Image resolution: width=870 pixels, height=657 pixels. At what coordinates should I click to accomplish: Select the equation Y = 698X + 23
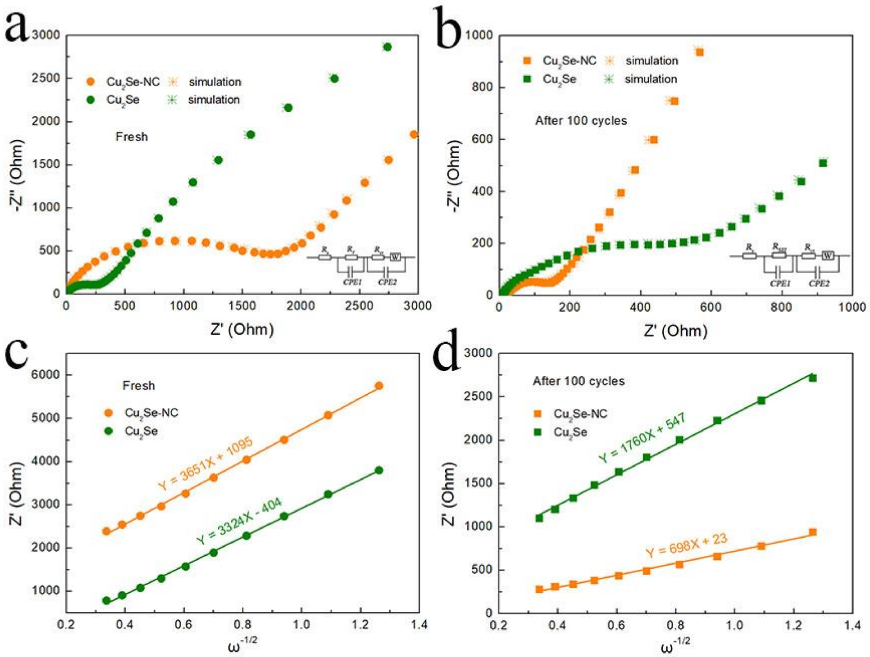pyautogui.click(x=686, y=546)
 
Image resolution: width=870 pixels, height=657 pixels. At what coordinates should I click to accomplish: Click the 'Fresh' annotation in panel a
pyautogui.click(x=131, y=137)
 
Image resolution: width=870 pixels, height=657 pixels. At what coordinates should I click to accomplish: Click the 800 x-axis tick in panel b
pyautogui.click(x=781, y=307)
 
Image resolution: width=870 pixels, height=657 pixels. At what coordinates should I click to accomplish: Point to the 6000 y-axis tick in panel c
pyautogui.click(x=46, y=375)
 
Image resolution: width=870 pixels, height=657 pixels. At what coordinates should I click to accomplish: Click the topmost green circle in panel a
pyautogui.click(x=387, y=47)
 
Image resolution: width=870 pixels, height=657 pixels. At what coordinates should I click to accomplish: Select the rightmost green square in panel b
pyautogui.click(x=823, y=163)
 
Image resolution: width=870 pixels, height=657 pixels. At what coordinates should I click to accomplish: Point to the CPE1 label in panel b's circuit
pyautogui.click(x=780, y=283)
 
